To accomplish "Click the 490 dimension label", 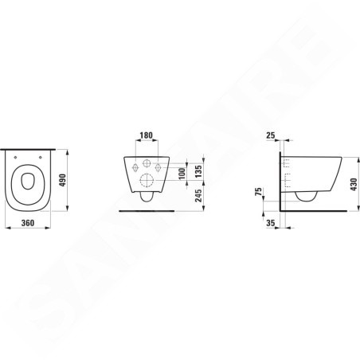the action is point(62,180).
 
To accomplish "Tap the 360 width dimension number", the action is point(28,223).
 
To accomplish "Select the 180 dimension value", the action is point(147,135).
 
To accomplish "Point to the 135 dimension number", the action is point(198,171).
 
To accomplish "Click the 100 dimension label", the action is point(182,174).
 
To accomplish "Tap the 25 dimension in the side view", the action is point(271,135).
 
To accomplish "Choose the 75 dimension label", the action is point(258,191).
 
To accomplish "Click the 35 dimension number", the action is point(271,223).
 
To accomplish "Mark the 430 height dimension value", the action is point(354,184).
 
